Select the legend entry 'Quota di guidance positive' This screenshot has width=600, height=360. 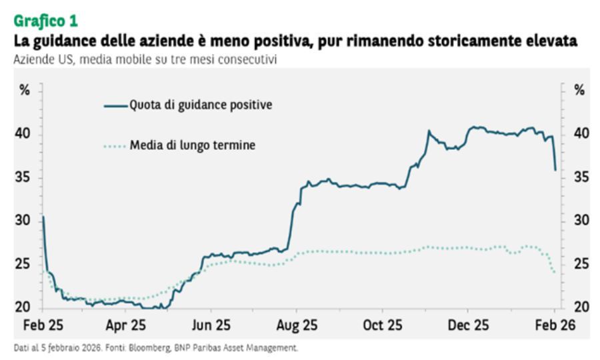tap(201, 105)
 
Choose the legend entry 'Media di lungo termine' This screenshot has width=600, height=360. tap(192, 145)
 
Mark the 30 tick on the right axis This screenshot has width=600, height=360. tap(581, 220)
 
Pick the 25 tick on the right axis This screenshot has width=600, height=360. tap(581, 264)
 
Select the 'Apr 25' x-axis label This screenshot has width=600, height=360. tap(126, 325)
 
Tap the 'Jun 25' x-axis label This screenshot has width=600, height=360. tap(211, 325)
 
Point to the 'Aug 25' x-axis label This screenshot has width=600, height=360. tap(296, 325)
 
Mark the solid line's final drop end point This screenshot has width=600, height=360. tap(555, 170)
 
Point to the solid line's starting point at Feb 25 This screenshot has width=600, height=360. tap(43, 217)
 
